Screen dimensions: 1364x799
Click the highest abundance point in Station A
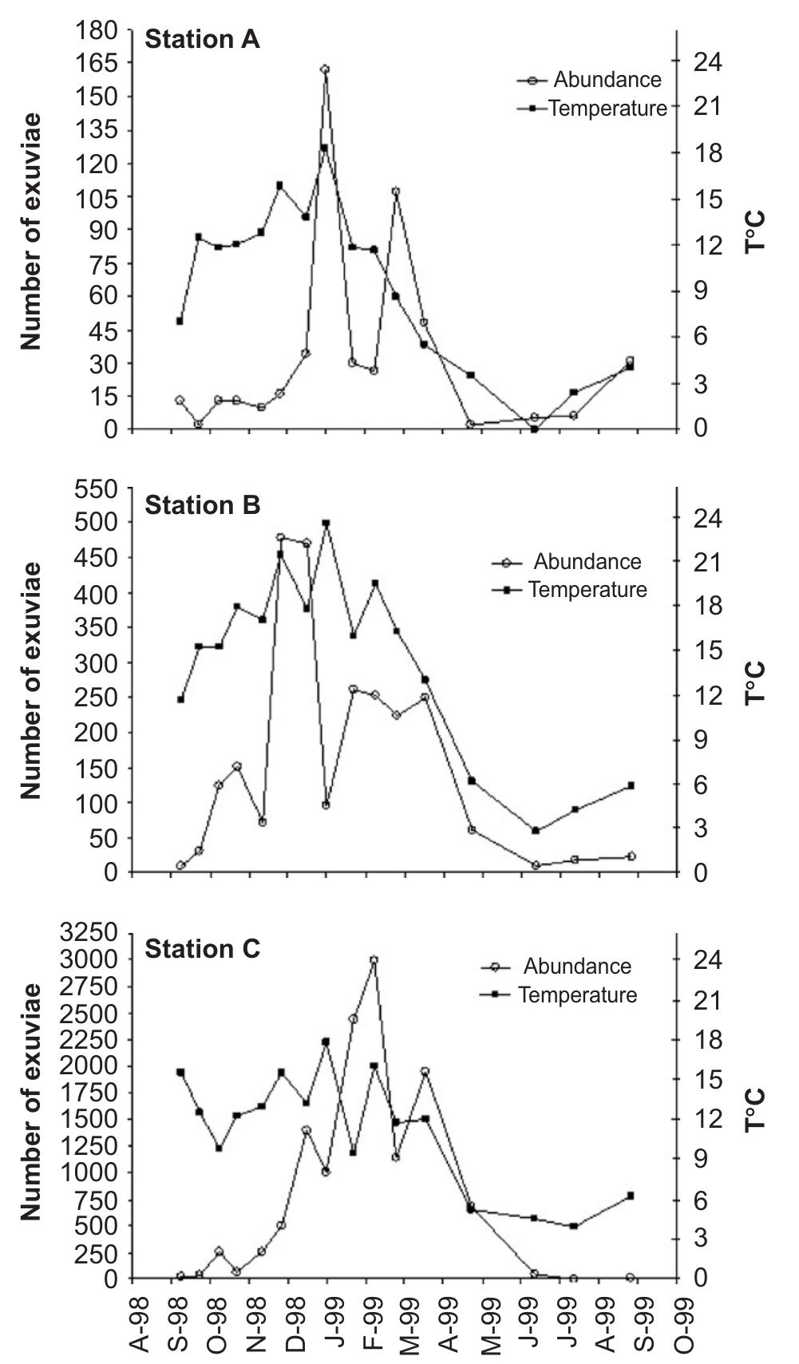click(325, 69)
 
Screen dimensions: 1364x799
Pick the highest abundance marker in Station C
click(374, 960)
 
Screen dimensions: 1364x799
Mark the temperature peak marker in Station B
click(326, 524)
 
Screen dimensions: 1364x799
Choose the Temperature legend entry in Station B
click(587, 590)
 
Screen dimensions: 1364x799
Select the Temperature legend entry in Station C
click(576, 995)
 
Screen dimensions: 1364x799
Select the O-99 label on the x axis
click(685, 1322)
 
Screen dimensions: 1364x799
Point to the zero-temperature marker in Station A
click(534, 429)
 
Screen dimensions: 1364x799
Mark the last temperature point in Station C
click(630, 1196)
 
